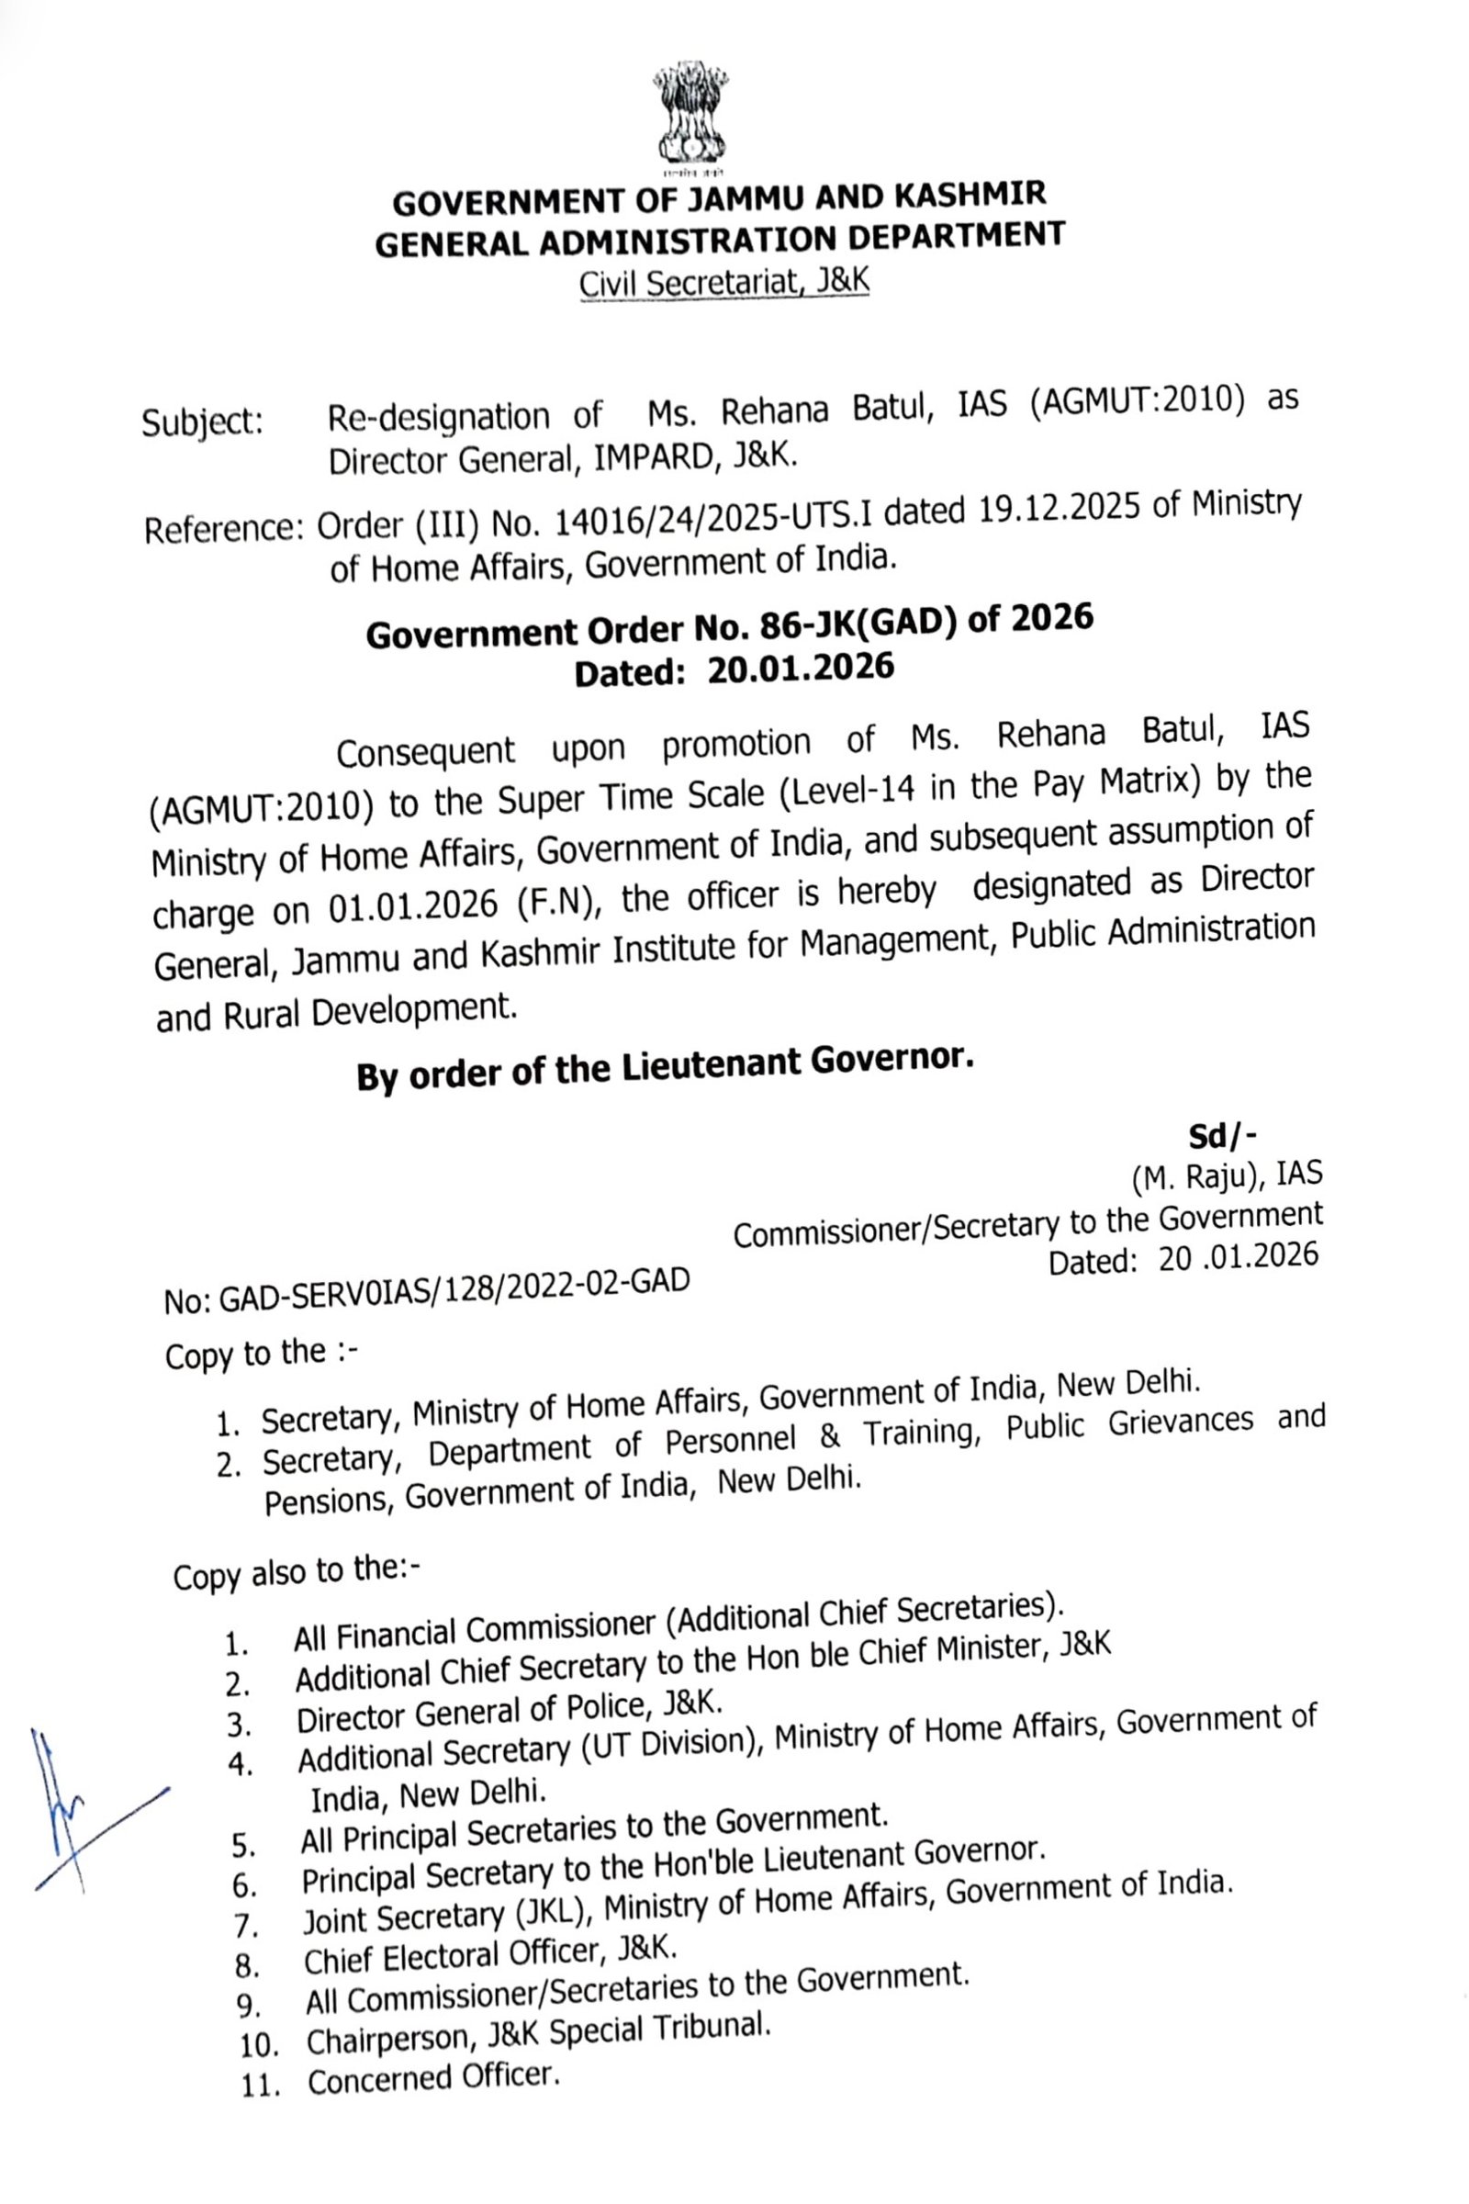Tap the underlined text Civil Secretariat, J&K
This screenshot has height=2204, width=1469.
723,284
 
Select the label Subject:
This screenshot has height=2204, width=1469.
202,423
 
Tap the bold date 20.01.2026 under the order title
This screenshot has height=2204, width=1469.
801,669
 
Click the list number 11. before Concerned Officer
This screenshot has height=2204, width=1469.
262,2085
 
